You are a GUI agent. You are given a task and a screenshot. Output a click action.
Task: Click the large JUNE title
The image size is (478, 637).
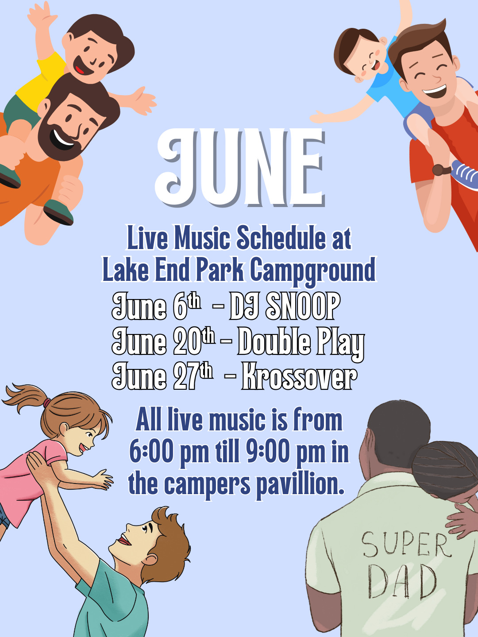click(240, 168)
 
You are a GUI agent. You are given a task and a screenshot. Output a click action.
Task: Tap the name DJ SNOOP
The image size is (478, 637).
click(285, 307)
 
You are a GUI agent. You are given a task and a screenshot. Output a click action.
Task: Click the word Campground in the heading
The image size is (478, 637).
click(313, 270)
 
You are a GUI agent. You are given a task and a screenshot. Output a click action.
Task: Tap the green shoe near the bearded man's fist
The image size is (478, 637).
click(58, 212)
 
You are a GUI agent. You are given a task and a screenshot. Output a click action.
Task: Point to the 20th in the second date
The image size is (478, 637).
click(194, 342)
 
